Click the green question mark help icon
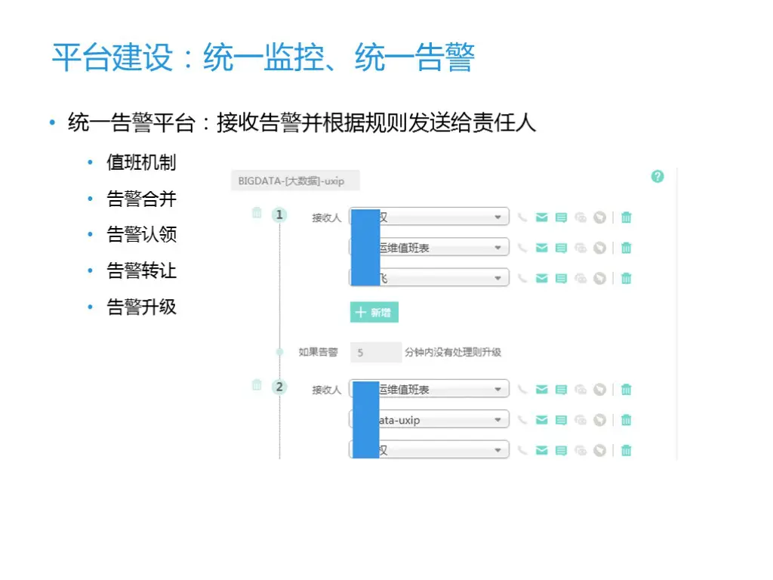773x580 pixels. [658, 177]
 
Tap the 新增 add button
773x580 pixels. [374, 313]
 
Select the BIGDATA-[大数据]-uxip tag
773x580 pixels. [295, 181]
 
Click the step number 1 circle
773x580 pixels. [279, 215]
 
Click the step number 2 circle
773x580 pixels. [279, 387]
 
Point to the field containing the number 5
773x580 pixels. [375, 352]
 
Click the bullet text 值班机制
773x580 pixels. [141, 162]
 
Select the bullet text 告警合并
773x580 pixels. [141, 199]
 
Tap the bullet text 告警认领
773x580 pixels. [141, 234]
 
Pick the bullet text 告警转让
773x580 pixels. [141, 270]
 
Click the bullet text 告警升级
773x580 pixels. [141, 307]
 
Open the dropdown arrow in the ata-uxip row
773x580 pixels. [497, 420]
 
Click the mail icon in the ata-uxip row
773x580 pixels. [541, 420]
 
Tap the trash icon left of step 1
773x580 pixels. [257, 213]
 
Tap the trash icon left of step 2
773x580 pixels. [257, 385]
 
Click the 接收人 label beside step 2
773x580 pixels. [327, 390]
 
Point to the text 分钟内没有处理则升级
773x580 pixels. [453, 352]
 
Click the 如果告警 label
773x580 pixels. [318, 352]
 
